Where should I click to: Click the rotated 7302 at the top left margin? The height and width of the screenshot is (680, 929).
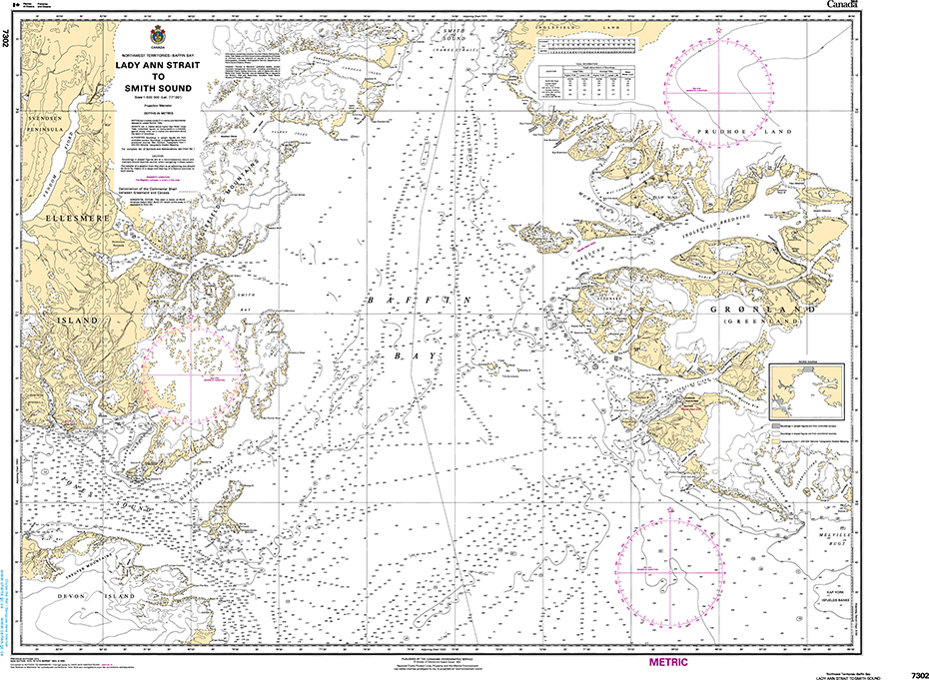[8, 40]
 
